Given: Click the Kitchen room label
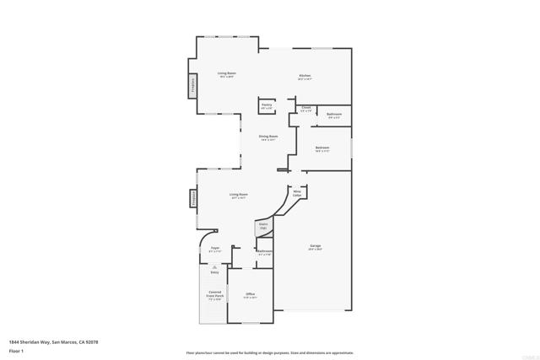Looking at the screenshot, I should pyautogui.click(x=305, y=77).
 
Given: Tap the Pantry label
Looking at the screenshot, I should pyautogui.click(x=267, y=106).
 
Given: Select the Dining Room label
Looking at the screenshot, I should pyautogui.click(x=268, y=137).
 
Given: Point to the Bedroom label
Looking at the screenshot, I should pyautogui.click(x=322, y=149).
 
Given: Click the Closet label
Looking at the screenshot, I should pyautogui.click(x=306, y=110).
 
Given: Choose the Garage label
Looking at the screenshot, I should pyautogui.click(x=315, y=247).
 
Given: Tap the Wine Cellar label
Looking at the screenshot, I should pyautogui.click(x=297, y=193).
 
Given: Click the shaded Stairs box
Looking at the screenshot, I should pyautogui.click(x=262, y=227).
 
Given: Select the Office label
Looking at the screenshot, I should pyautogui.click(x=251, y=295).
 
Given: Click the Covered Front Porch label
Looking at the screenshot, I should pyautogui.click(x=215, y=295).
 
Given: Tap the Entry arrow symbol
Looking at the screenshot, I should pyautogui.click(x=214, y=267).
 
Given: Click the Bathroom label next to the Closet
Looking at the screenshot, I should pyautogui.click(x=334, y=116).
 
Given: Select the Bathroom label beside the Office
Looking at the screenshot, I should pyautogui.click(x=265, y=252).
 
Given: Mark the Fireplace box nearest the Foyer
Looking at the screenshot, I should pyautogui.click(x=193, y=199).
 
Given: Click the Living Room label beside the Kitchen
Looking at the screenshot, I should pyautogui.click(x=226, y=74).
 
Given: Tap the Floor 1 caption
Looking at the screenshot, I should pyautogui.click(x=15, y=350).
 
